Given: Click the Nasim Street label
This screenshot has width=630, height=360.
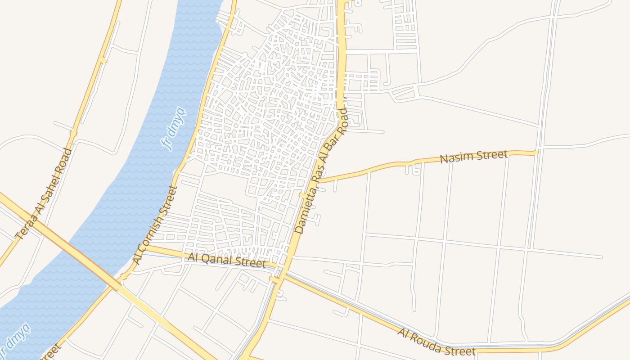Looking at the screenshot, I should click(473, 157).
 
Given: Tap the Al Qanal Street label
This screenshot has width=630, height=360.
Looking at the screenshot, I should click(227, 260).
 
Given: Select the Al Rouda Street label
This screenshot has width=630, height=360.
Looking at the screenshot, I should click(436, 342).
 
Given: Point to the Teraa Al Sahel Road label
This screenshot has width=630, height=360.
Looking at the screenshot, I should click(44, 193).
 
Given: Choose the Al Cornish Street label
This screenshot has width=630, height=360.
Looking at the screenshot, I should click(156, 225).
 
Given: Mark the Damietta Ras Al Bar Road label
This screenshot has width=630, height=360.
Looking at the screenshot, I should click(322, 171).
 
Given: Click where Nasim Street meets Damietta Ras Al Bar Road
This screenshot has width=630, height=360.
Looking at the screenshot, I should click(318, 180).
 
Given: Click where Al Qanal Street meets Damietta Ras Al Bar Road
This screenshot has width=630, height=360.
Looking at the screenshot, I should click(278, 266).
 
